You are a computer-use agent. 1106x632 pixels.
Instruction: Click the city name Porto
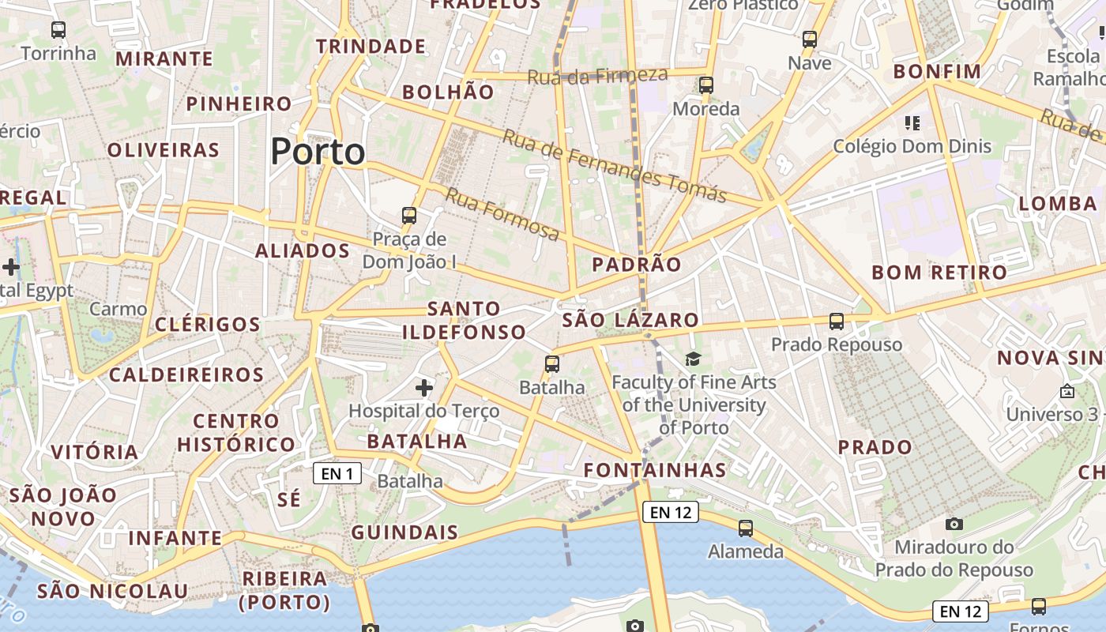point(318,152)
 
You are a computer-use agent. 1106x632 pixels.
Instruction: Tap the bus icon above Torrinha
point(58,31)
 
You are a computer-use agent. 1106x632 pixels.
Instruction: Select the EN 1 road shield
point(337,473)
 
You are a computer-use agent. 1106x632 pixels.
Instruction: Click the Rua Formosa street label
point(502,215)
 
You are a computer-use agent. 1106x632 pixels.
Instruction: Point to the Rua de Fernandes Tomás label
point(614,166)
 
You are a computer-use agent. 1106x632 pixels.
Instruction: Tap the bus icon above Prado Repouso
point(837,322)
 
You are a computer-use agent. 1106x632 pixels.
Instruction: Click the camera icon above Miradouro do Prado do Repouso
point(954,524)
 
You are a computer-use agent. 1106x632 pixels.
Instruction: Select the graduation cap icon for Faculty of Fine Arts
point(693,359)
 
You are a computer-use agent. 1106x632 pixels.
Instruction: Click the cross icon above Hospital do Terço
point(424,388)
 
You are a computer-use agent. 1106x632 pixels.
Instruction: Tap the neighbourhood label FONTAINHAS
point(655,471)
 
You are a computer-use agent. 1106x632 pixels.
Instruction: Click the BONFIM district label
point(937,72)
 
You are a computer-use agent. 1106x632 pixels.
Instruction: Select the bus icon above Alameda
point(746,529)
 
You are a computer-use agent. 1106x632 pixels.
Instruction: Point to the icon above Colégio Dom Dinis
point(912,123)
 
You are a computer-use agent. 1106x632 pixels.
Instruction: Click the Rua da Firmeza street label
point(597,76)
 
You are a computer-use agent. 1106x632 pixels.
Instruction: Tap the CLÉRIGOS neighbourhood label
point(208,325)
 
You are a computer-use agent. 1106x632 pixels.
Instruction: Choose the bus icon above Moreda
point(706,85)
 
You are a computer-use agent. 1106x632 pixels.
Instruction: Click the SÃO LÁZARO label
point(630,320)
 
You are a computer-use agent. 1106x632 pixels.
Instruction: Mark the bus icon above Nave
point(810,39)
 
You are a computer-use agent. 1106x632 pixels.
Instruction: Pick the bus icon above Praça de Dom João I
point(409,215)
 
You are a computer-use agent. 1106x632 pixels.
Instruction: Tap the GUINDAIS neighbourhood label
point(404,532)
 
